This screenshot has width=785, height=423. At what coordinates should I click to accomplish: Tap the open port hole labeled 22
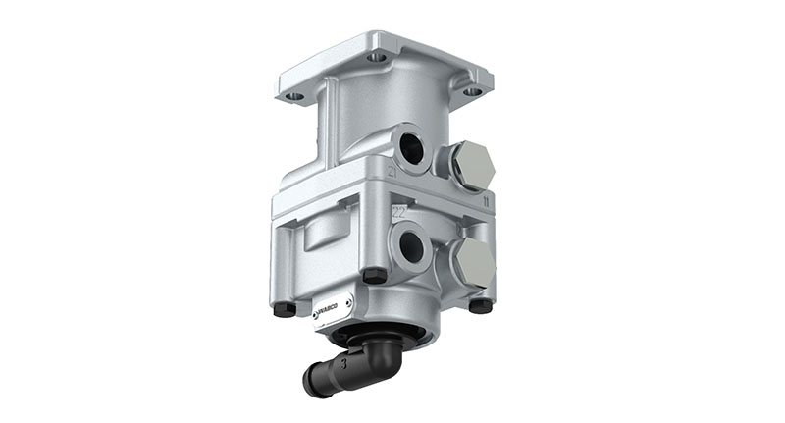pyautogui.click(x=411, y=246)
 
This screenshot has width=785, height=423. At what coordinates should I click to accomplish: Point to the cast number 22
pyautogui.click(x=398, y=210)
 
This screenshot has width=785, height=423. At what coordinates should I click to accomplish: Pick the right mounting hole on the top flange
pyautogui.click(x=472, y=91)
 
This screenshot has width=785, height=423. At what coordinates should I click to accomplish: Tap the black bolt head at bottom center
pyautogui.click(x=374, y=276)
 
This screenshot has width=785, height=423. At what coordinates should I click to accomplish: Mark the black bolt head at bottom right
pyautogui.click(x=480, y=305)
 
